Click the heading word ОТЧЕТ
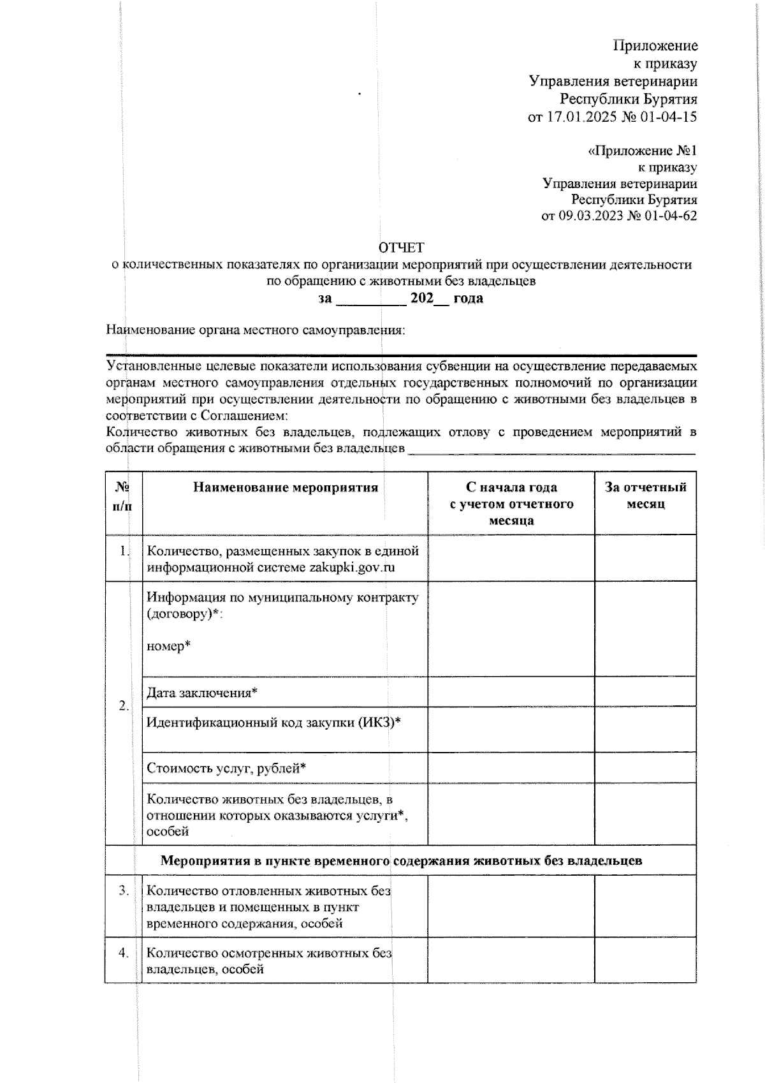(401, 247)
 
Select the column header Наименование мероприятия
(285, 488)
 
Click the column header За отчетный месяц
(645, 496)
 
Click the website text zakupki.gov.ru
(352, 567)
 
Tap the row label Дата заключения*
(202, 693)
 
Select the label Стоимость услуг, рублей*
(226, 769)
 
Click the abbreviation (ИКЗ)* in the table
(379, 723)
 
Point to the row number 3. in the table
(124, 890)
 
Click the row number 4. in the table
(124, 953)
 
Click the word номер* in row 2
(169, 646)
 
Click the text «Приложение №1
(642, 151)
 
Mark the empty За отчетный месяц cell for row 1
(645, 558)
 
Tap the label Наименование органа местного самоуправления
(256, 330)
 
